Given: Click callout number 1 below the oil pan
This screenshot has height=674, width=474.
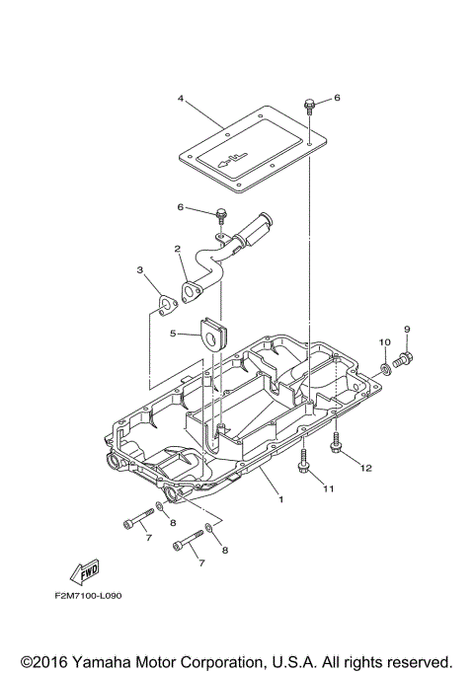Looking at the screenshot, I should pos(280,500).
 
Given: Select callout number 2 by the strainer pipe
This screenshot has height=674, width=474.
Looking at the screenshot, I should pos(177,249).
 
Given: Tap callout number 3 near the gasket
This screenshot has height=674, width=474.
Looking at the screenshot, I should pos(140,270).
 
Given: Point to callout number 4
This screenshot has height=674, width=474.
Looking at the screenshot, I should pos(181,99).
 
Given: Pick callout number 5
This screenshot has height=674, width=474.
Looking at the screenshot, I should pos(173,334).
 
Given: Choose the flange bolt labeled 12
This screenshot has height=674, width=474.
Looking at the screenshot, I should pos(337,446).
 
